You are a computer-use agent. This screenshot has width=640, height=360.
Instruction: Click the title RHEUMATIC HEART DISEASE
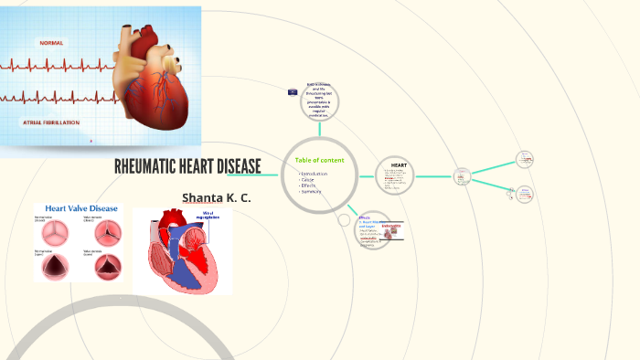(x=187, y=166)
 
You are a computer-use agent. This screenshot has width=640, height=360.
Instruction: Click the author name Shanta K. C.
(x=216, y=197)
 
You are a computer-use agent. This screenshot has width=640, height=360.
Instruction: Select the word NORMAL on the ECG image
(x=51, y=43)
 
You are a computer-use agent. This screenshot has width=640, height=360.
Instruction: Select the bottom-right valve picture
(x=105, y=266)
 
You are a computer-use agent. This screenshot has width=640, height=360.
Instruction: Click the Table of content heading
(x=319, y=161)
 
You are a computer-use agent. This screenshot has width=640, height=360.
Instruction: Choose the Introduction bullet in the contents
(x=314, y=173)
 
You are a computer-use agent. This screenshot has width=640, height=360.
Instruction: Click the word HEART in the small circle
(x=399, y=165)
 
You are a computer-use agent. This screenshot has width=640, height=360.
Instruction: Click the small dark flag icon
(x=292, y=92)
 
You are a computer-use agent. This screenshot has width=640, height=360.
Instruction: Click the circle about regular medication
(x=320, y=101)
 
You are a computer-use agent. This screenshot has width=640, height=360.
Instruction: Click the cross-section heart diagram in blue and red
(x=183, y=251)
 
